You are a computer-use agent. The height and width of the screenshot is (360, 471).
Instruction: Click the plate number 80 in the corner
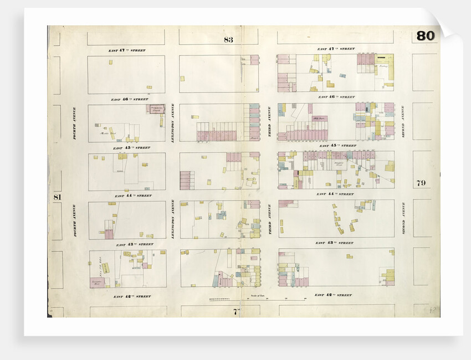pyautogui.click(x=426, y=36)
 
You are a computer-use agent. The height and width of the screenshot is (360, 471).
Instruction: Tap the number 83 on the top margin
pyautogui.click(x=228, y=39)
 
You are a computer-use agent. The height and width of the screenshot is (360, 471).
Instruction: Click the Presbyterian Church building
pyautogui.click(x=155, y=109)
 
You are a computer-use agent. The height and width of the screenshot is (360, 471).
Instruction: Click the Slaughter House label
pyautogui.click(x=339, y=164)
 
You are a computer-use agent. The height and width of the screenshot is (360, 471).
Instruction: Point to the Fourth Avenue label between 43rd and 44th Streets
pyautogui.click(x=75, y=220)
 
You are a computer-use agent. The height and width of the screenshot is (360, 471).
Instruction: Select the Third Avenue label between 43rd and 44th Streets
pyautogui.click(x=269, y=220)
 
